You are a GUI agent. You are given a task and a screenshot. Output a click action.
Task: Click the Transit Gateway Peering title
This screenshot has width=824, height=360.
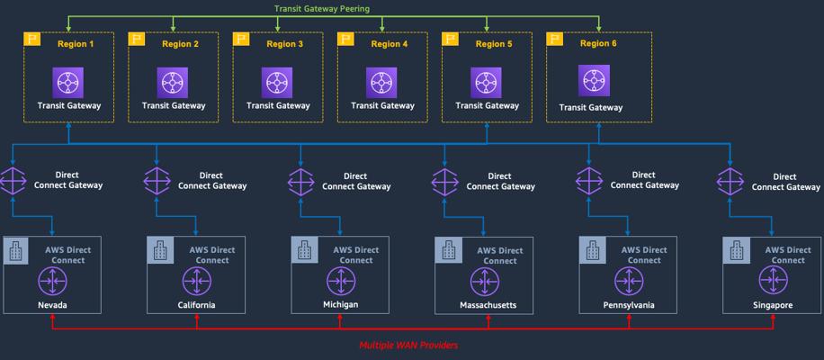coord(321,9)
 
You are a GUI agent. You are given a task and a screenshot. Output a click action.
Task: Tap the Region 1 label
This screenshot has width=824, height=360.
coord(75,44)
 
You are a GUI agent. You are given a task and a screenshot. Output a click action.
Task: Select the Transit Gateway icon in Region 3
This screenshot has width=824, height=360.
coord(277,83)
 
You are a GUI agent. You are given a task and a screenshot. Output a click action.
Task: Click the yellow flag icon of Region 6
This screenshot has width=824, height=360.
coord(555,40)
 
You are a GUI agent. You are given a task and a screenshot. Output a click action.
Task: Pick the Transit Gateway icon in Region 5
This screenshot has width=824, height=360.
coord(487,83)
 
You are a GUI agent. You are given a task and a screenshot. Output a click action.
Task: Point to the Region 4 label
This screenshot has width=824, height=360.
coord(389,44)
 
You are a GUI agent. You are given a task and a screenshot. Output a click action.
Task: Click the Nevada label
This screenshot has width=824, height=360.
coord(52,305)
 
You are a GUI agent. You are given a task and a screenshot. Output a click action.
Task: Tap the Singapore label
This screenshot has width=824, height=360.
coord(773,305)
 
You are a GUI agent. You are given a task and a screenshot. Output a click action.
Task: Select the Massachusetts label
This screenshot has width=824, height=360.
coord(484,305)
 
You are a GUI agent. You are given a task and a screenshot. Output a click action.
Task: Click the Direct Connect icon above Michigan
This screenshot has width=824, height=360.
coord(340,282)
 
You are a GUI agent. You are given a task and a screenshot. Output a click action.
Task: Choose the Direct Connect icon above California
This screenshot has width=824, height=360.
coord(196,282)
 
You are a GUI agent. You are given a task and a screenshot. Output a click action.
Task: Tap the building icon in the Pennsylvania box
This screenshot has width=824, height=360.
coord(593,249)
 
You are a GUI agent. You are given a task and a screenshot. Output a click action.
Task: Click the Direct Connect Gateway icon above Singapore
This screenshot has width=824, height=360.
coord(731,181)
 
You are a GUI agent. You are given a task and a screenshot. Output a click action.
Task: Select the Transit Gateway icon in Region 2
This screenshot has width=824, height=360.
coord(173,83)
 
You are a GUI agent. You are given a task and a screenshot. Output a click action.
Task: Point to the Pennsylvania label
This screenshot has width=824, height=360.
coord(628,305)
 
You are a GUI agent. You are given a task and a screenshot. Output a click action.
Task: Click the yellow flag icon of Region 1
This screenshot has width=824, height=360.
coord(32,40)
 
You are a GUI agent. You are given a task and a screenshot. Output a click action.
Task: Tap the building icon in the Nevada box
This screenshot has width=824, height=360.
coord(16,249)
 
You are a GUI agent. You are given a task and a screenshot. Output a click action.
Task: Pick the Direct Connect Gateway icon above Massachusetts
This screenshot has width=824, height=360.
coord(447,181)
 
